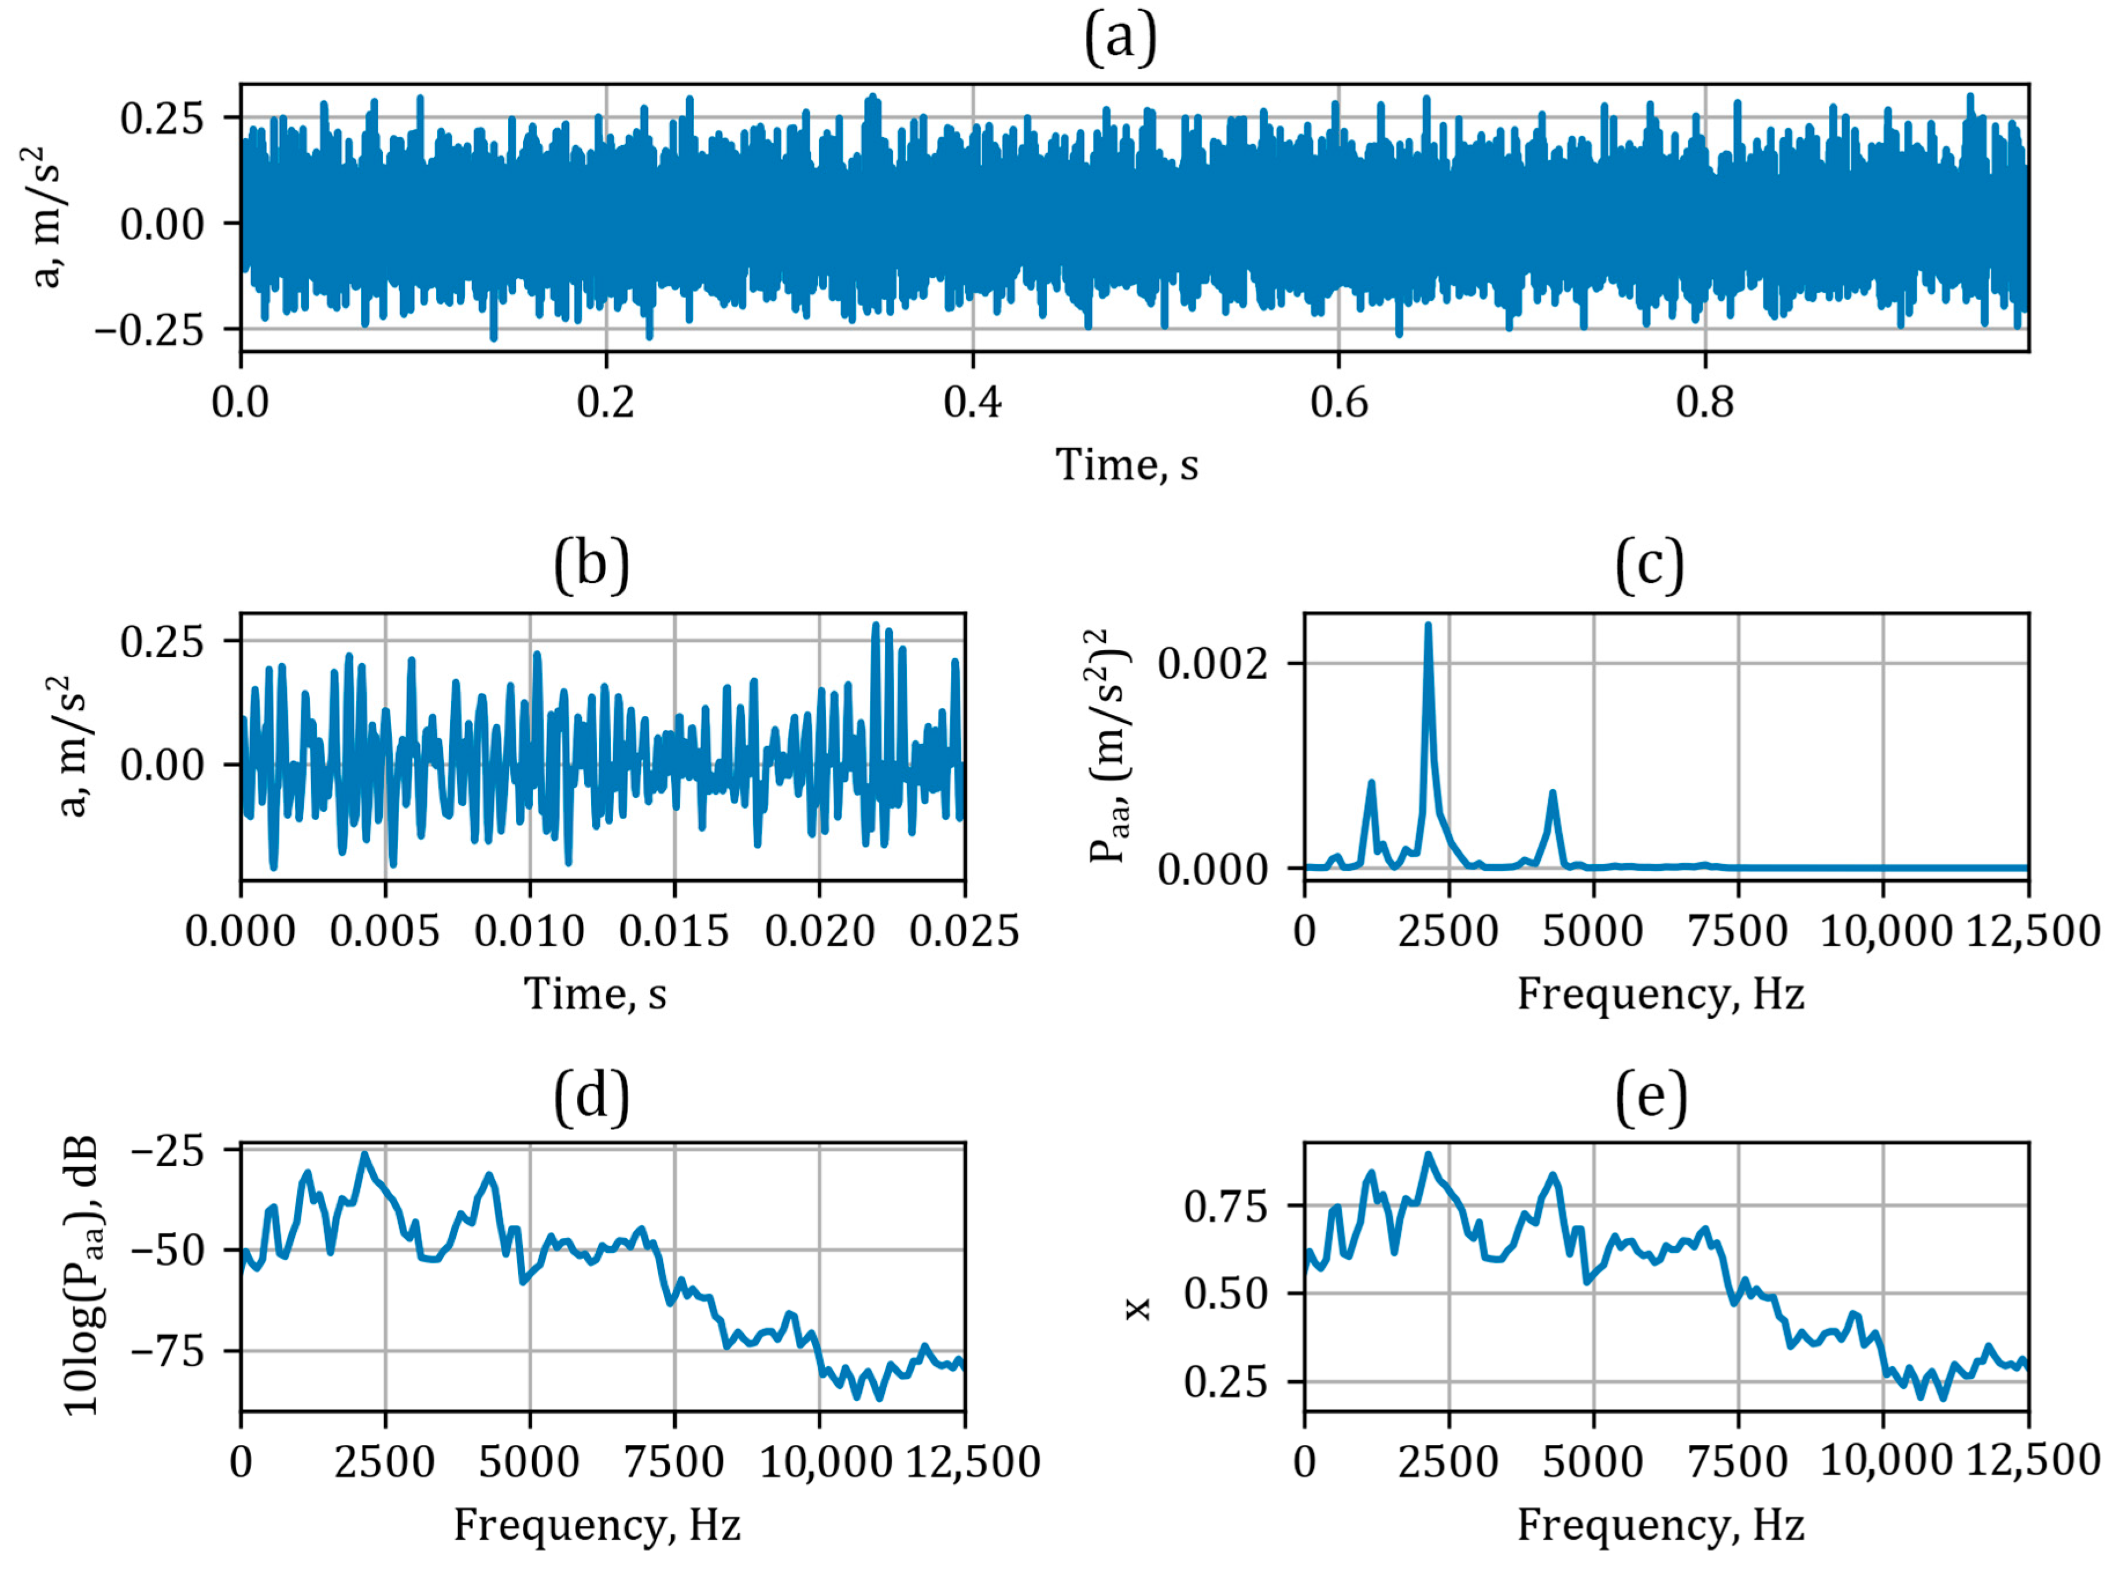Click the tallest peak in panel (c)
click(x=1428, y=625)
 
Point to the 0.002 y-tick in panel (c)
click(x=1212, y=663)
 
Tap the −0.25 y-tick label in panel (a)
click(x=149, y=330)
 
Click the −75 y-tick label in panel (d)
click(x=168, y=1352)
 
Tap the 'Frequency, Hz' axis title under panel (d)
click(x=597, y=1525)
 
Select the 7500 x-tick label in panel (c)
click(x=1737, y=931)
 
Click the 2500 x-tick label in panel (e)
click(x=1448, y=1462)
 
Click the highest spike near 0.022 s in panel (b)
click(x=876, y=625)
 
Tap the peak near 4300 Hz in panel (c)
click(x=1553, y=792)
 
